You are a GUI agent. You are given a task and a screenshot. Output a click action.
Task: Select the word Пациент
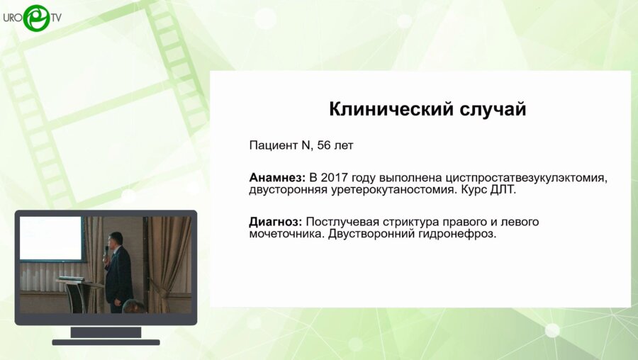(274, 145)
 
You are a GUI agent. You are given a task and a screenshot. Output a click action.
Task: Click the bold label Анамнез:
(277, 176)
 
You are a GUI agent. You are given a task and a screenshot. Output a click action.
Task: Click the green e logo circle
(35, 18)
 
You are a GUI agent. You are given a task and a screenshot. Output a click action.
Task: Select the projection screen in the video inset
(51, 238)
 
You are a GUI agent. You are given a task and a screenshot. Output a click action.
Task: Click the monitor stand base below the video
(106, 342)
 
